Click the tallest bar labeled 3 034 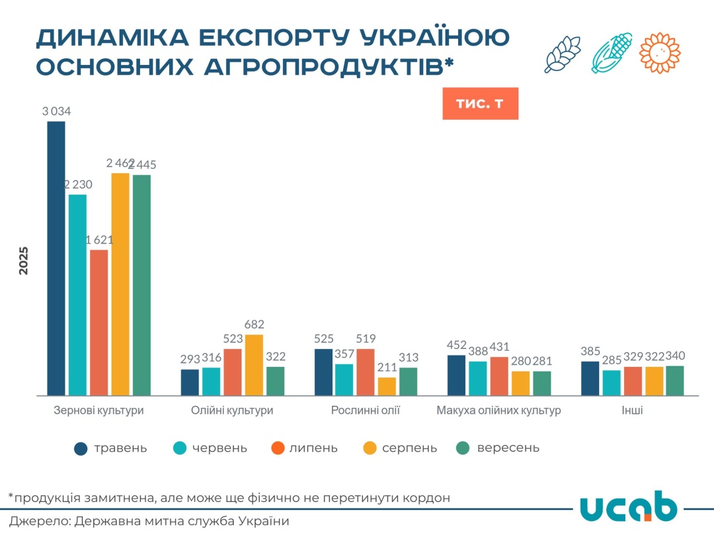[x=56, y=258]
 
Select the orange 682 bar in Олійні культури [x=255, y=365]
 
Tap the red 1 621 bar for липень [x=99, y=322]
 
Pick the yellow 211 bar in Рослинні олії [x=387, y=386]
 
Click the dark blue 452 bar [x=456, y=375]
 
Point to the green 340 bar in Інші [x=674, y=380]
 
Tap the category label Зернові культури [x=99, y=411]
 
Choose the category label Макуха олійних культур [x=498, y=411]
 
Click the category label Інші [x=632, y=411]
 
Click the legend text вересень [x=508, y=448]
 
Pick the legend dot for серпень [x=370, y=449]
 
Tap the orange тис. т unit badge [x=480, y=104]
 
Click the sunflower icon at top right [x=660, y=52]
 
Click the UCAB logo [x=628, y=508]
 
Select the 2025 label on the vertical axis [x=24, y=260]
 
